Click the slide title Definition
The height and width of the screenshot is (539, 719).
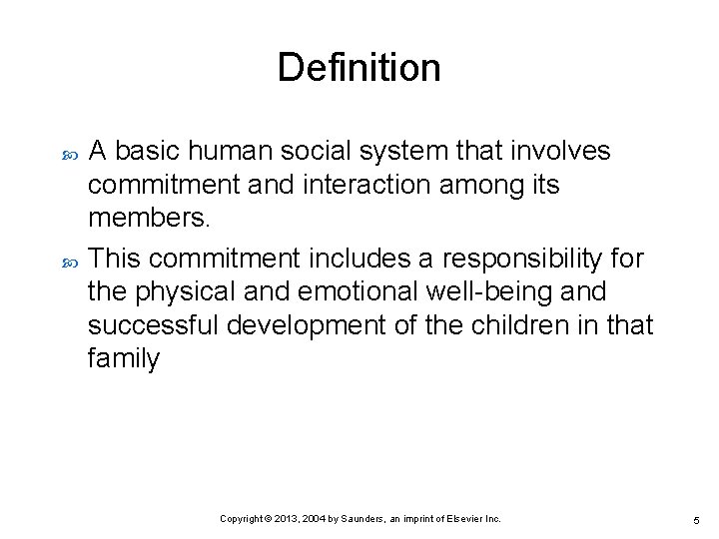click(359, 68)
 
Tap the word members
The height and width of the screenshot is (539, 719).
click(143, 218)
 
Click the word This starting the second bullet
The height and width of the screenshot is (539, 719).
click(115, 259)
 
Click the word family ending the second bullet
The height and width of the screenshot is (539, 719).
click(123, 359)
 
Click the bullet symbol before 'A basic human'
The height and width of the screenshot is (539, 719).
click(69, 153)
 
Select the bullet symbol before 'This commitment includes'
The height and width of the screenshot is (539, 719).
click(69, 261)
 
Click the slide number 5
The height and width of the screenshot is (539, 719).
click(695, 520)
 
